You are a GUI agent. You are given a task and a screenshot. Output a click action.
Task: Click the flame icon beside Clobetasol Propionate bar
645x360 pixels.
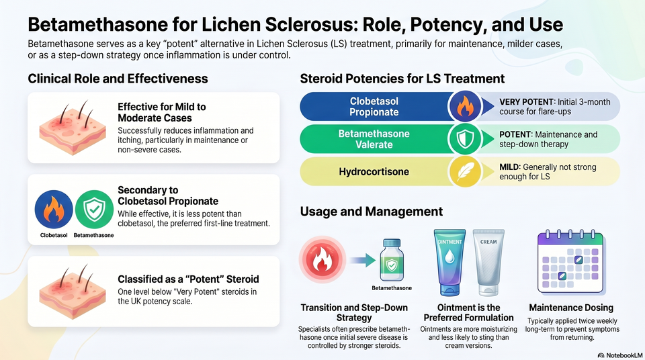[465, 107]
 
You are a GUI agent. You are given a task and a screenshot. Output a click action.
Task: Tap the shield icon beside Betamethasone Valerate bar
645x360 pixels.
[465, 139]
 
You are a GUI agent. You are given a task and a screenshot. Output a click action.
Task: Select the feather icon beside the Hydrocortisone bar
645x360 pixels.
[465, 171]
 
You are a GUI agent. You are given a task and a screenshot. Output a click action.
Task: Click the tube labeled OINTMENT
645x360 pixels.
[449, 263]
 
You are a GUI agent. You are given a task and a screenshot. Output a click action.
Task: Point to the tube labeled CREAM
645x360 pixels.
[488, 263]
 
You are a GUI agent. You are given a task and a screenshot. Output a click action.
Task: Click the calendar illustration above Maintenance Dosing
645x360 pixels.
[570, 262]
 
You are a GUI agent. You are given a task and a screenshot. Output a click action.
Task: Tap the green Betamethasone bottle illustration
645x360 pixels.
[392, 261]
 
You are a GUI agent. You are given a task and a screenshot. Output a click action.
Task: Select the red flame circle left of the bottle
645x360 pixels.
[322, 260]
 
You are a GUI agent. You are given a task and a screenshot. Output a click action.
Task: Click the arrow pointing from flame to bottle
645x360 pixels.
[364, 260]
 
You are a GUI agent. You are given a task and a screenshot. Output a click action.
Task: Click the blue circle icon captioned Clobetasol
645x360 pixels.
[54, 209]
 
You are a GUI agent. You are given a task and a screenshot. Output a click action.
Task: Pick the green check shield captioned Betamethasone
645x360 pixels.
[94, 209]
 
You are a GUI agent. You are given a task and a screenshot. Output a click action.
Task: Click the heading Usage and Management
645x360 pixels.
[371, 212]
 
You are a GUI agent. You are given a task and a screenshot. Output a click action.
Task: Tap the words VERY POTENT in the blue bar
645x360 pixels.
[526, 102]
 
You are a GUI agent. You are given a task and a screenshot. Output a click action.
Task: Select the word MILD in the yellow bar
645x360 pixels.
[509, 167]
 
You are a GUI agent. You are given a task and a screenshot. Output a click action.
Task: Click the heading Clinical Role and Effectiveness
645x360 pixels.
[118, 79]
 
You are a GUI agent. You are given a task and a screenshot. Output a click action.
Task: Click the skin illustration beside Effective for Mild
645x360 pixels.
[69, 128]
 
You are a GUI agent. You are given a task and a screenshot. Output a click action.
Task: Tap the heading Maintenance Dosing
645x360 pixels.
[571, 308]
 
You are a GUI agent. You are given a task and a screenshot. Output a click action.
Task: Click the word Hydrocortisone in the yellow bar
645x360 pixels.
[374, 171]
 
